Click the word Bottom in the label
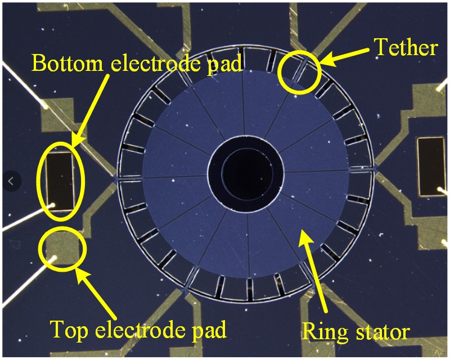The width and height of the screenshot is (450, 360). coord(66,63)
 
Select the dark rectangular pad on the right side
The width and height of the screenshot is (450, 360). coord(431,166)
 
